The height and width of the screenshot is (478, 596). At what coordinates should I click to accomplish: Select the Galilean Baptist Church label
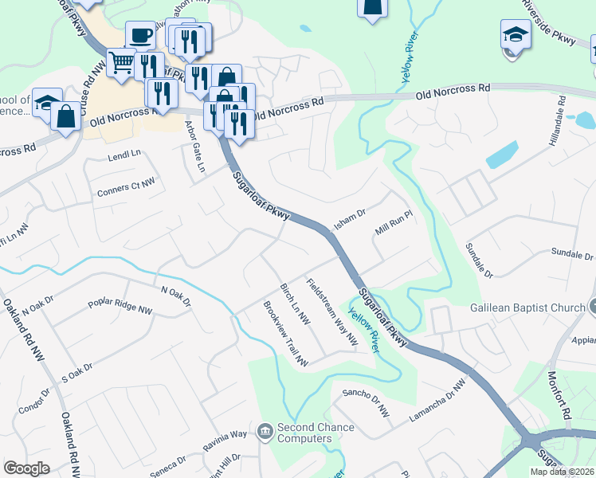[527, 307]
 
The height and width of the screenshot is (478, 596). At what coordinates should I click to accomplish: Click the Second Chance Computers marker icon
[265, 432]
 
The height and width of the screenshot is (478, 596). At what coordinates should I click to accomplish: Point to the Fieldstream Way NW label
[331, 311]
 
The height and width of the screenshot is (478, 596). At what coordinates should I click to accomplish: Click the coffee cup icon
[140, 35]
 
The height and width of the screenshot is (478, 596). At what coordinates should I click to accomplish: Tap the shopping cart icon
[121, 61]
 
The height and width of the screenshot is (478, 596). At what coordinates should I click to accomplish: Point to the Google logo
[26, 468]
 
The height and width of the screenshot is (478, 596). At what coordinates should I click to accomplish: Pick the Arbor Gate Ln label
[195, 147]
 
